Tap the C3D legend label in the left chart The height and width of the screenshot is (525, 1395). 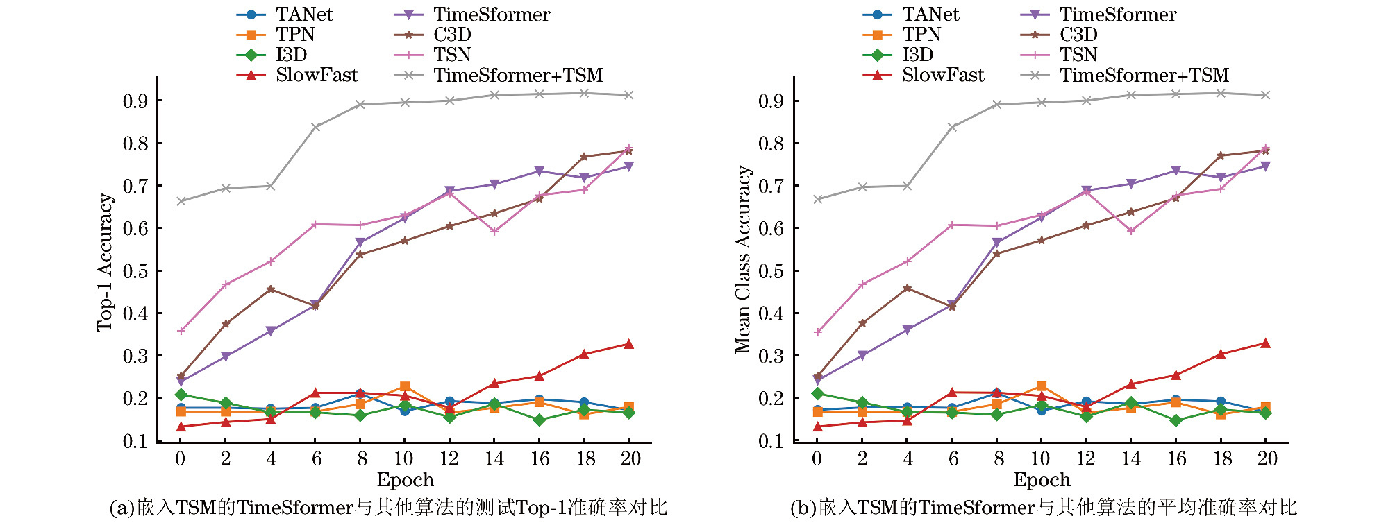pos(452,35)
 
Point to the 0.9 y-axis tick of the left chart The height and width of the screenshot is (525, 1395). pos(135,101)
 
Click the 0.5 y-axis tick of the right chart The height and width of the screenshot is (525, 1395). pos(771,271)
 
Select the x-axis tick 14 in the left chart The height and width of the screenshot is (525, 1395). pos(494,458)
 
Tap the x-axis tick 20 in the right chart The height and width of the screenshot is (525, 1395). pos(1267,458)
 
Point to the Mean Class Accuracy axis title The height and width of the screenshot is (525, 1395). pos(743,259)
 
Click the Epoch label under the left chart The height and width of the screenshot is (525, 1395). pos(405,480)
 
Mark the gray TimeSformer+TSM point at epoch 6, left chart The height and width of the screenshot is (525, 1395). pos(315,127)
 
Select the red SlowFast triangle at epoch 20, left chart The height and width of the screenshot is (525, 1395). pos(628,344)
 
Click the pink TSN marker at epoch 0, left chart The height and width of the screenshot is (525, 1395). pos(181,331)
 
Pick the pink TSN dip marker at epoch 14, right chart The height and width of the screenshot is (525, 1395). pos(1131,231)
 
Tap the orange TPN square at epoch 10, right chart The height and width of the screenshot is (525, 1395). pos(1041,386)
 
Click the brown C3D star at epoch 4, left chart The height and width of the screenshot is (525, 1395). pos(271,289)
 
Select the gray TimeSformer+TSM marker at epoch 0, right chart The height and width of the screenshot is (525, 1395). pos(817,199)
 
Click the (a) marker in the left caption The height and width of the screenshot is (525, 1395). pos(122,508)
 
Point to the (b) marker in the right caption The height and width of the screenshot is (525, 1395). pos(803,508)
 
